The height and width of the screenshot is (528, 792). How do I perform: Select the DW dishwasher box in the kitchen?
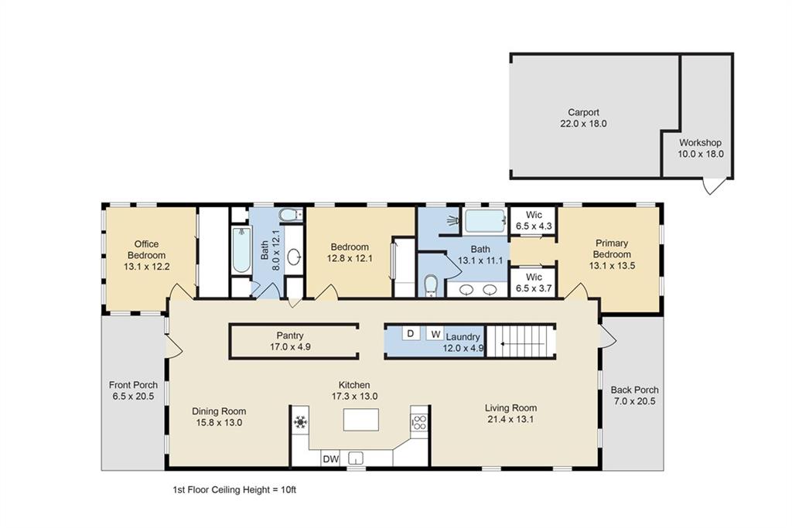pos(330,459)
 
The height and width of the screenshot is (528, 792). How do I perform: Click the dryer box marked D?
pos(411,334)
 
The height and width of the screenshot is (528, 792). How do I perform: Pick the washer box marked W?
pos(435,334)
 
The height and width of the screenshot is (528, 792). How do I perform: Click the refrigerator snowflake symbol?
pos(300,422)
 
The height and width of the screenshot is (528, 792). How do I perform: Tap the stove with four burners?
pos(419,422)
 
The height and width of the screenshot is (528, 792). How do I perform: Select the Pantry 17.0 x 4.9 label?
pos(290,341)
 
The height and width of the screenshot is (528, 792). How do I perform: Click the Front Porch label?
pos(133,390)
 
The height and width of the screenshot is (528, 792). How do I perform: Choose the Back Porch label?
pos(634,395)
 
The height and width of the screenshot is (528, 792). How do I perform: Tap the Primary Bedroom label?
pos(612,254)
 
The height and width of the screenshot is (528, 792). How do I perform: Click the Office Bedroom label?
pos(146,255)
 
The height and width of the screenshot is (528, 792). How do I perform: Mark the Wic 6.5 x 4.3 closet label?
pos(534,220)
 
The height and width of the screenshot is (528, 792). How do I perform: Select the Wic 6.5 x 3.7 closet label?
pos(534,282)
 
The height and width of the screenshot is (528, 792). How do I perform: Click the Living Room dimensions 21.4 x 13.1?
pos(510,420)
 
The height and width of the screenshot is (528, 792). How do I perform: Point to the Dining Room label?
pos(219,417)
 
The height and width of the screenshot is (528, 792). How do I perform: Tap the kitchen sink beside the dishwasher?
pos(357,457)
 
